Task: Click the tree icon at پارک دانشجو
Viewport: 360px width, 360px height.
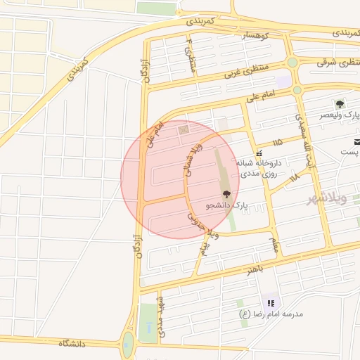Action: [226, 194]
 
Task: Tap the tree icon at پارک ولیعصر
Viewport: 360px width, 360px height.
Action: [340, 104]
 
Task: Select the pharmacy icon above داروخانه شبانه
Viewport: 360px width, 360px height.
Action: [259, 152]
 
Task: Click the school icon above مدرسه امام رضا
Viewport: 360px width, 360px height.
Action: [270, 303]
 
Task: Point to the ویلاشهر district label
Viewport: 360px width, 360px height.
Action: [327, 199]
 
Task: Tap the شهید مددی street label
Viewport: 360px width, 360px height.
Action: [161, 317]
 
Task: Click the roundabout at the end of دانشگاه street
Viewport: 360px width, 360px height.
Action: [128, 345]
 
